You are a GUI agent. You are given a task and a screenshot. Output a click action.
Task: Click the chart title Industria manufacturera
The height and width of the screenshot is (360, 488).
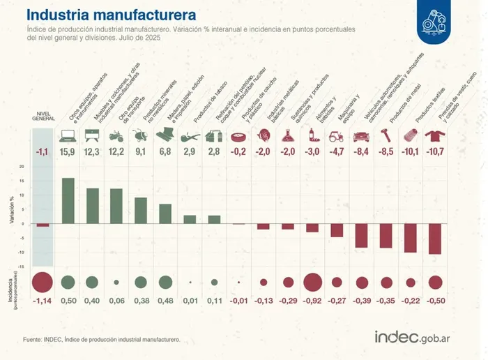111,15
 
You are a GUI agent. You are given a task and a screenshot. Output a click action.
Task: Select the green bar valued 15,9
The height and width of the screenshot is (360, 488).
68,200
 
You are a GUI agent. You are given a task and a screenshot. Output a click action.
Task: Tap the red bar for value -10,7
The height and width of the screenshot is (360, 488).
435,239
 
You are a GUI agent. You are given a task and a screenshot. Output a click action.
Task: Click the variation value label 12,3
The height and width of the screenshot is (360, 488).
93,152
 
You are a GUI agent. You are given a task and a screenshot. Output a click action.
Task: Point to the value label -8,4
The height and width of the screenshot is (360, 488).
362,152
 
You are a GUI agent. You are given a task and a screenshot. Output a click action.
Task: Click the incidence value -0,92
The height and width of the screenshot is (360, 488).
312,301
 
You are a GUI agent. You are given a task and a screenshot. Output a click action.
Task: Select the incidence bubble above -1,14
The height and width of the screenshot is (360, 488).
43,282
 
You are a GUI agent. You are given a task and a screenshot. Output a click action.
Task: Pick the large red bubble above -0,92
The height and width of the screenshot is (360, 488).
312,282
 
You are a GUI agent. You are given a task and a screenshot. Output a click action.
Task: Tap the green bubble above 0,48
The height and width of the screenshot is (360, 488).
165,282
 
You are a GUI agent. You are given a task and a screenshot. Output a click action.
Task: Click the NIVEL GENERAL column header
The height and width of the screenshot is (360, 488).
43,116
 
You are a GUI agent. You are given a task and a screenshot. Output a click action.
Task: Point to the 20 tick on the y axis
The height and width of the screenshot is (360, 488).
22,167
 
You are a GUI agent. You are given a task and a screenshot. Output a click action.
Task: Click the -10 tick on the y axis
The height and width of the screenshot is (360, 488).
21,252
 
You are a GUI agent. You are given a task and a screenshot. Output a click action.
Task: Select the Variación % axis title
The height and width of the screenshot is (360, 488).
12,209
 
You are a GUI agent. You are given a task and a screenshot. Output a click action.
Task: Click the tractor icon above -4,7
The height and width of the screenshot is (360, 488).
337,135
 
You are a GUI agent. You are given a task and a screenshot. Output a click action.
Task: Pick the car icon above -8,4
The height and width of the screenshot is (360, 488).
362,135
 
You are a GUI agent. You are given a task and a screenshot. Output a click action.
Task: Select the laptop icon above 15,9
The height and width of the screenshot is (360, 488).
68,135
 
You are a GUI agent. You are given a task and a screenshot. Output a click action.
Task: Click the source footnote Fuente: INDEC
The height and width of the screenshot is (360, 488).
102,339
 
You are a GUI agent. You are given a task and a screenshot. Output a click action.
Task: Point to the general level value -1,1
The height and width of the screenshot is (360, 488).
43,152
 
